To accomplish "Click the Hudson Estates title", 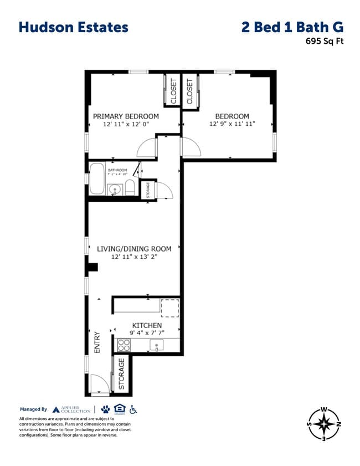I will click(73, 27).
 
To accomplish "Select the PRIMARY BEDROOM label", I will click(126, 116).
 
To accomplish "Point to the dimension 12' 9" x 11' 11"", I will click(232, 124).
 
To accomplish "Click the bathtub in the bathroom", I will click(97, 178).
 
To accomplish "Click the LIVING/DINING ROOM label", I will click(134, 249).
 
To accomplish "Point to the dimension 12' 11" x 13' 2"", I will click(134, 257).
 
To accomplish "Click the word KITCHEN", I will click(147, 325).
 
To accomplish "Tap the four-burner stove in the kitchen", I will click(124, 346).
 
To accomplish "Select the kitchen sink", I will click(157, 346).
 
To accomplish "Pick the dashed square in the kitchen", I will click(169, 308).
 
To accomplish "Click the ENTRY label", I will click(97, 343).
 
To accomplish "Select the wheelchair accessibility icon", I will click(133, 409).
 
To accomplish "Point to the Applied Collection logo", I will click(71, 409).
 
